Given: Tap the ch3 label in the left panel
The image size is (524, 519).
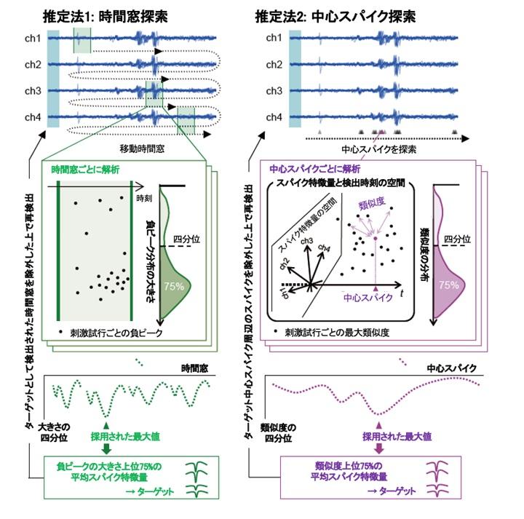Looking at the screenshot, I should click(x=32, y=91).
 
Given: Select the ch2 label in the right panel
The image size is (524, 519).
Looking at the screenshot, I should click(x=274, y=65).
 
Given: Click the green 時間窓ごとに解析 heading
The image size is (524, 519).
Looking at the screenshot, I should click(x=87, y=169).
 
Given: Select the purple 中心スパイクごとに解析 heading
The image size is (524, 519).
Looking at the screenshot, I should click(x=314, y=169).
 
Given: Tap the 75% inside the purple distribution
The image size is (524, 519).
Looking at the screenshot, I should click(x=449, y=285).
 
